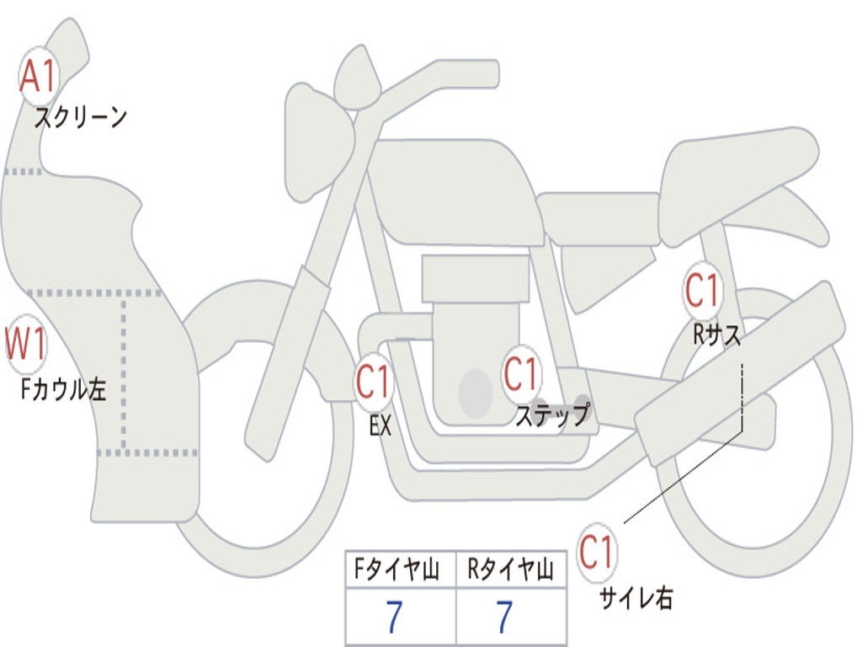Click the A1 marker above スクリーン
[x=39, y=77]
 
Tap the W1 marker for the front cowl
[x=26, y=345]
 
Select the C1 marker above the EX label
[x=373, y=382]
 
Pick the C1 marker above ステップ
[x=520, y=374]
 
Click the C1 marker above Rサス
[x=702, y=290]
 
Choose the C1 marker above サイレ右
[x=596, y=553]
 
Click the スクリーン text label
[x=81, y=117]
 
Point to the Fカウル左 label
[x=63, y=389]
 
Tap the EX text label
[x=380, y=425]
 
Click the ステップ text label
[x=553, y=414]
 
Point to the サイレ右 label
[x=636, y=597]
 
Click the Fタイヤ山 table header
[x=396, y=569]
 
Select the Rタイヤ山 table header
[x=510, y=569]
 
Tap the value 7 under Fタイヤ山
[x=394, y=616]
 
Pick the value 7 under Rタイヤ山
[x=505, y=616]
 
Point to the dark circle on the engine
[x=476, y=393]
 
